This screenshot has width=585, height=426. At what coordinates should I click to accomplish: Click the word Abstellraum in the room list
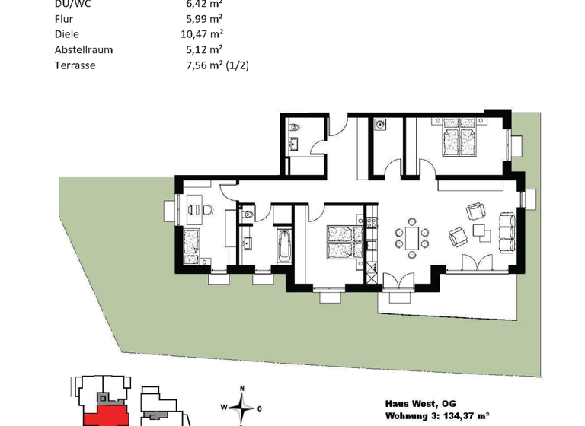point(84,49)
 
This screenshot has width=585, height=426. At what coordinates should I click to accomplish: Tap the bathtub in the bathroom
point(284,246)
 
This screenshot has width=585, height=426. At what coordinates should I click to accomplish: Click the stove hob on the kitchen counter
point(371,224)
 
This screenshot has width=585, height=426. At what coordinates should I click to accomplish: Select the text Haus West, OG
point(420,403)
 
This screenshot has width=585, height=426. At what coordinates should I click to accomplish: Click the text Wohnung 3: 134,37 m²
point(435,417)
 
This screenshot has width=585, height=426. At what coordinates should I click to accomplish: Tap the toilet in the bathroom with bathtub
point(245,217)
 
